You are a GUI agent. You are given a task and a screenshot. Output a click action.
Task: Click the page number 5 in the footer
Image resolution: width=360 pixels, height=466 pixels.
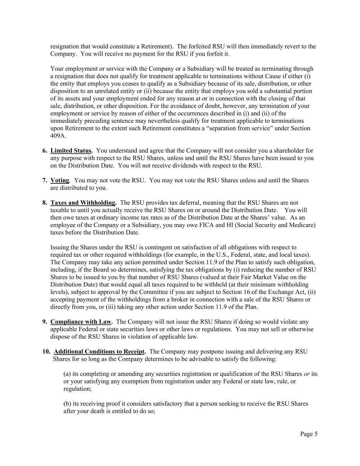[x=316, y=434]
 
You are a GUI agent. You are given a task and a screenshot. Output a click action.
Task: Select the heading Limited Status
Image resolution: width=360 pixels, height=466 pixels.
[x=71, y=151]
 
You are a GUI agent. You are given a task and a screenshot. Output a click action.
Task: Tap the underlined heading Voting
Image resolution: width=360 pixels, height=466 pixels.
[x=60, y=180]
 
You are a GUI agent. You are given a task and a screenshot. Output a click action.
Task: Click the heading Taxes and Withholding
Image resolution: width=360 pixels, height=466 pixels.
[x=83, y=203]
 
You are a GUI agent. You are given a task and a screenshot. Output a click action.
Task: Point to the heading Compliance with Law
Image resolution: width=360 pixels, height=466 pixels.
[x=81, y=322]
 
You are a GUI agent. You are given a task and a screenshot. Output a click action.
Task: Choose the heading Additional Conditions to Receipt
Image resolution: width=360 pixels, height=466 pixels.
[x=99, y=352]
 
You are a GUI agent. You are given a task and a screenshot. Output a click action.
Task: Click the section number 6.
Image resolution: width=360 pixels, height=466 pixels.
[x=45, y=151]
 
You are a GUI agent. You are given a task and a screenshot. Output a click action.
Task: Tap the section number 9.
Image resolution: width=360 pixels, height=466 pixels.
[x=45, y=322]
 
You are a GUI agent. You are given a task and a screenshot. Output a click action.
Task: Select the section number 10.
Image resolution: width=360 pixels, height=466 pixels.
[x=46, y=352]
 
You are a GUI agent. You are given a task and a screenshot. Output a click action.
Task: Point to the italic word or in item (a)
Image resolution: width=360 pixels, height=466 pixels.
[x=306, y=374]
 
